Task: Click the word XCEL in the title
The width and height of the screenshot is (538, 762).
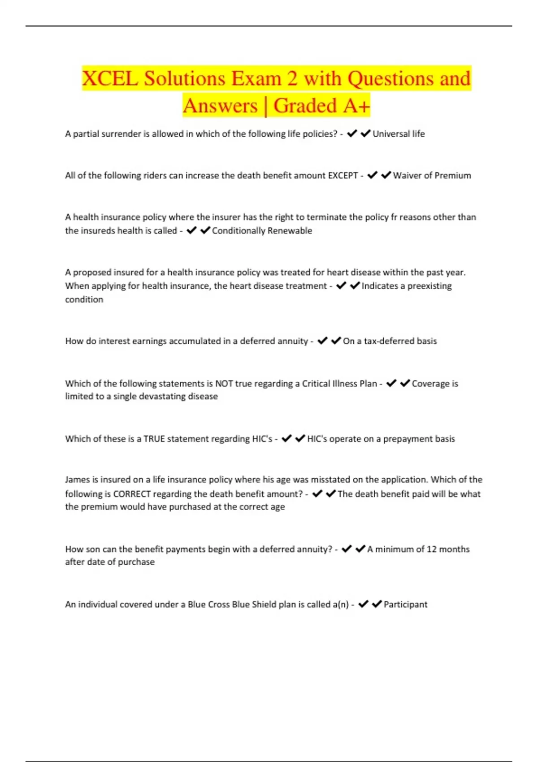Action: [110, 79]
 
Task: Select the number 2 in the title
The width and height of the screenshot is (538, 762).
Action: [292, 79]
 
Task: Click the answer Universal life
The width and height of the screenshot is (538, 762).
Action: [399, 134]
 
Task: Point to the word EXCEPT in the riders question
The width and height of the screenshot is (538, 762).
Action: [343, 175]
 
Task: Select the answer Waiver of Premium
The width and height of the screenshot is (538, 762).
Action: [432, 175]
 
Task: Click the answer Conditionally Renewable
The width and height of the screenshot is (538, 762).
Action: [262, 231]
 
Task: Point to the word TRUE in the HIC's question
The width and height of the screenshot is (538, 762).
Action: [154, 439]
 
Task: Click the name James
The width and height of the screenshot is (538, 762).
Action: [77, 480]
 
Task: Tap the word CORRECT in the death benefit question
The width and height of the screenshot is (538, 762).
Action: [132, 494]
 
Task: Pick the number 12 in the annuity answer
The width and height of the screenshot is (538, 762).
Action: [431, 549]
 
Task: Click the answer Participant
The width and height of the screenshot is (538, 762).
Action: [405, 604]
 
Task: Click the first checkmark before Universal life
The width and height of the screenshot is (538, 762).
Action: [351, 133]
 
